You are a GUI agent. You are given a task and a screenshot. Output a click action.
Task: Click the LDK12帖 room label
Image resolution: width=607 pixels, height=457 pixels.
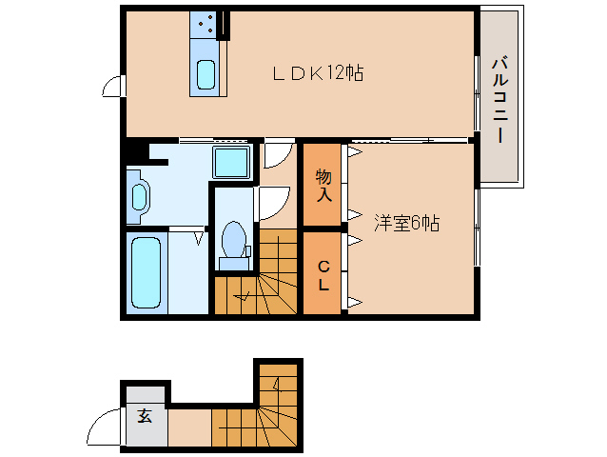pyautogui.click(x=318, y=72)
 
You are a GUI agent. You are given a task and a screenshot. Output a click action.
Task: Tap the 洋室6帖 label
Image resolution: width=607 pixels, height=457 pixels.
pyautogui.click(x=406, y=223)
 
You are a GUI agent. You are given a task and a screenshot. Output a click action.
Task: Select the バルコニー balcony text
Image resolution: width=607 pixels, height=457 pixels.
pyautogui.click(x=499, y=100)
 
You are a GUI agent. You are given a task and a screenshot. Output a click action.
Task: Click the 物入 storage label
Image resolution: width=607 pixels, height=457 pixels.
pyautogui.click(x=323, y=185)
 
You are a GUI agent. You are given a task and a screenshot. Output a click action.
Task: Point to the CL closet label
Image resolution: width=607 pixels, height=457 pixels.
pyautogui.click(x=323, y=276)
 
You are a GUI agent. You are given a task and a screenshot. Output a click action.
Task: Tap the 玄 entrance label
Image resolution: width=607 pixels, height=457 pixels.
pyautogui.click(x=145, y=415)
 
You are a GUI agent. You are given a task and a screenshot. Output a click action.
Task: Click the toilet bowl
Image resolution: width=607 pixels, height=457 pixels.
pyautogui.click(x=234, y=239)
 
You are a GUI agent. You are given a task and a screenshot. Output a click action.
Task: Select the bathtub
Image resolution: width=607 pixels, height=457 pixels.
pyautogui.click(x=146, y=272)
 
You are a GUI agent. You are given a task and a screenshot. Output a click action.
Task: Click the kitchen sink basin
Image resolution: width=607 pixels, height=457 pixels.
pyautogui.click(x=206, y=75)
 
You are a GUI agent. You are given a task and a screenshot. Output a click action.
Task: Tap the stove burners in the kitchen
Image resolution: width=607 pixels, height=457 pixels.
pyautogui.click(x=206, y=23)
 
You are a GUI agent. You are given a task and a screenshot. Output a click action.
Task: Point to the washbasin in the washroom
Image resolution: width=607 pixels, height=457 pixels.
pyautogui.click(x=138, y=197)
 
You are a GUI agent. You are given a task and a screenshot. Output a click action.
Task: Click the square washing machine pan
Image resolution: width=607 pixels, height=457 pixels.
pyautogui.click(x=231, y=163)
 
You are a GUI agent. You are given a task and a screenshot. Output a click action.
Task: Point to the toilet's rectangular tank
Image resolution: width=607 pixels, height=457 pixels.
pyautogui.click(x=234, y=264)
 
